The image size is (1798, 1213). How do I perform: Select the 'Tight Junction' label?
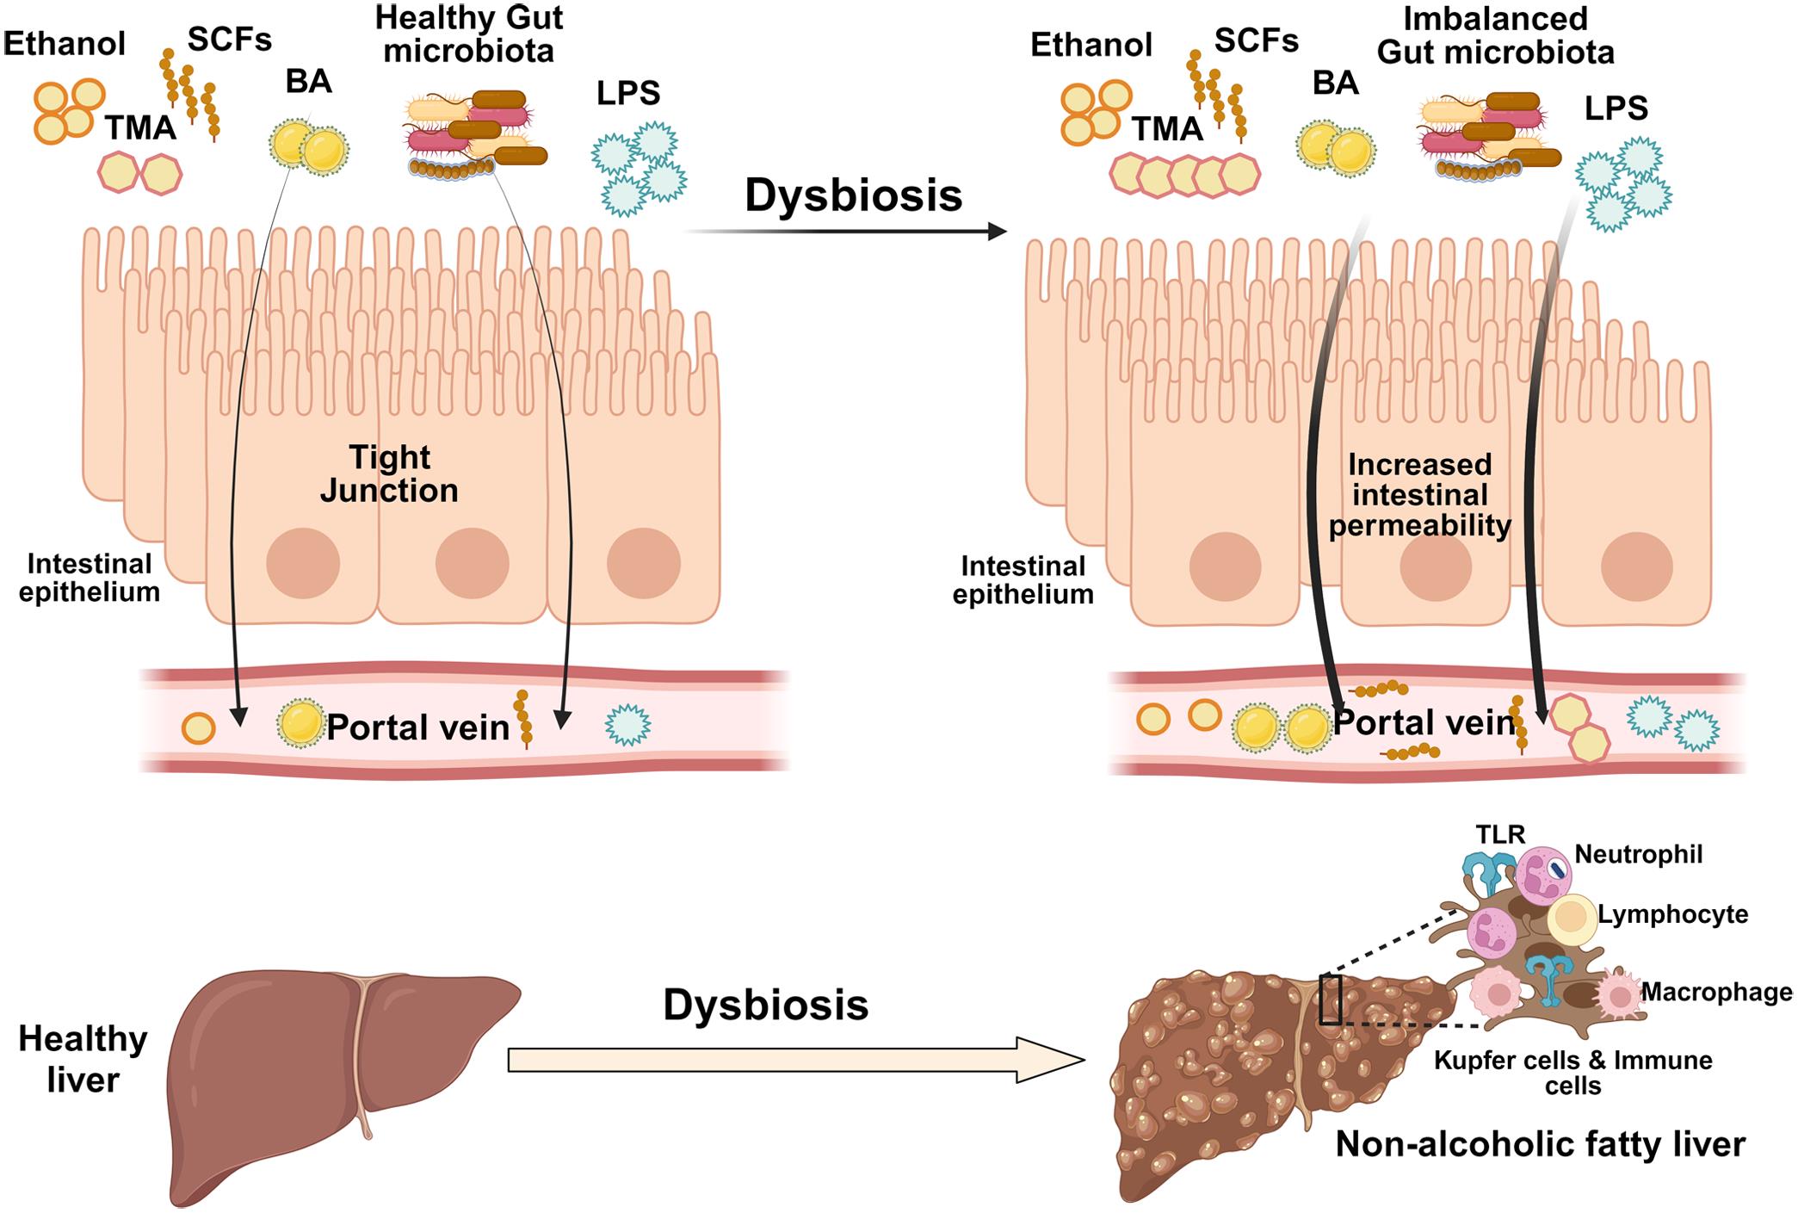(x=389, y=474)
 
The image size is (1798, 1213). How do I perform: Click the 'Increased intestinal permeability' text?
(x=1419, y=495)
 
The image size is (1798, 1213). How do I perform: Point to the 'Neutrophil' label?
(x=1638, y=854)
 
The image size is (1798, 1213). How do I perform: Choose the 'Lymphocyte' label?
(x=1672, y=914)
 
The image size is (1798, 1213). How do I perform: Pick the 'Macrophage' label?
(x=1717, y=993)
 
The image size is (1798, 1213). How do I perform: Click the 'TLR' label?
(x=1500, y=834)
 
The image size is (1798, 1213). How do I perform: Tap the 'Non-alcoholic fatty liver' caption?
(x=1541, y=1144)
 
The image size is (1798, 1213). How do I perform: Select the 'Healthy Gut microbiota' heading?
(x=469, y=34)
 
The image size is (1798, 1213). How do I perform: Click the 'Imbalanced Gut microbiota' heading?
(x=1495, y=35)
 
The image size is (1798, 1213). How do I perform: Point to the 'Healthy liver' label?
(x=83, y=1060)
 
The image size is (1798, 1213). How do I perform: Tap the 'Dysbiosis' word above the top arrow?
(x=853, y=195)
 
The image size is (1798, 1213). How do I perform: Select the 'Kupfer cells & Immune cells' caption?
(x=1572, y=1072)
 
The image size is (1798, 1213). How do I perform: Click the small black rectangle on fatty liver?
(x=1330, y=999)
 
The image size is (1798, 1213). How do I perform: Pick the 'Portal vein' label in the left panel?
(x=417, y=728)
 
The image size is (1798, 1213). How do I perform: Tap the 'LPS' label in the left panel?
(x=628, y=93)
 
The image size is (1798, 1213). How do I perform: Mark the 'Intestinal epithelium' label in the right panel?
(x=1023, y=580)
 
